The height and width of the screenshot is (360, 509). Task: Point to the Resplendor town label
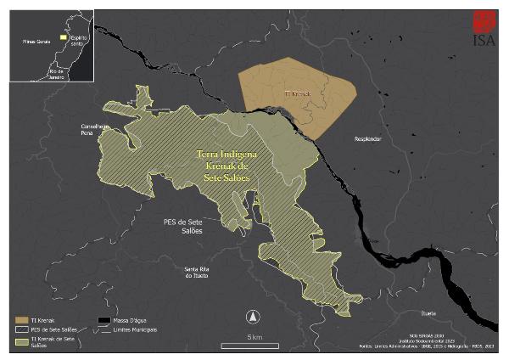click(368, 138)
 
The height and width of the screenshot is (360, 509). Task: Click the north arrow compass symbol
click(251, 318)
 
